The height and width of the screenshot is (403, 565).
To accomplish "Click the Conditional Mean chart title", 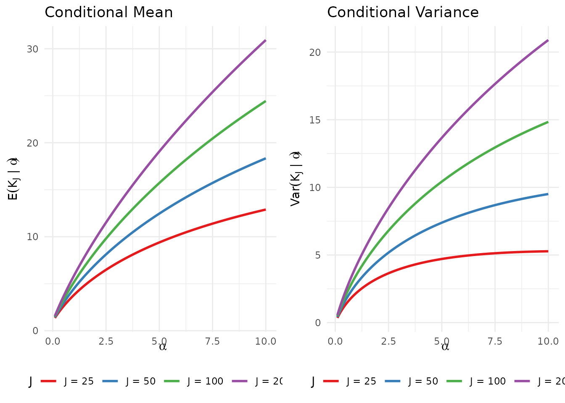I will point(108,13).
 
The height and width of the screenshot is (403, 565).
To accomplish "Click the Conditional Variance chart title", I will point(403,13).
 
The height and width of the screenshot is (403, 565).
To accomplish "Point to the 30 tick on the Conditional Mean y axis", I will point(33,49).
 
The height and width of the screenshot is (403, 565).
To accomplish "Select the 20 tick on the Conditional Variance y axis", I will point(315,52).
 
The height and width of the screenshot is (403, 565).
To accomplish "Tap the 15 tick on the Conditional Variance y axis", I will point(315,120).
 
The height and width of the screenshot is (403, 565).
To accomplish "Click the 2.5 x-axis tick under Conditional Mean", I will point(106,341).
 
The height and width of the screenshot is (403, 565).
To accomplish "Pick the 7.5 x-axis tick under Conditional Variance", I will point(495,341).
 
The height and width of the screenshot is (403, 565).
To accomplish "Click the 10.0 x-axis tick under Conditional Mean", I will point(266,341).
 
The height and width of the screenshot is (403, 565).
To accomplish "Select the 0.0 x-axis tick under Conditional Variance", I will point(335,341).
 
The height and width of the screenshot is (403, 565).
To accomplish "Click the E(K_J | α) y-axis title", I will point(13,179).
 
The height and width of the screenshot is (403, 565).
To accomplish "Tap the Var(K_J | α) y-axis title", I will point(296,179).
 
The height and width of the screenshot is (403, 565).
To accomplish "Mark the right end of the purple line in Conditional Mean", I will point(266,40).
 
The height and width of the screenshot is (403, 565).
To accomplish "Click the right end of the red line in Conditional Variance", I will point(548,251).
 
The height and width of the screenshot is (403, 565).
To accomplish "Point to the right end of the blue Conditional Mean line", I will point(266,158).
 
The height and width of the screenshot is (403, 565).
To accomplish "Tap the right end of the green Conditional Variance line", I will point(548,122).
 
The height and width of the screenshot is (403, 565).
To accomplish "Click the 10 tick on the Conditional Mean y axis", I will point(33,237).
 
